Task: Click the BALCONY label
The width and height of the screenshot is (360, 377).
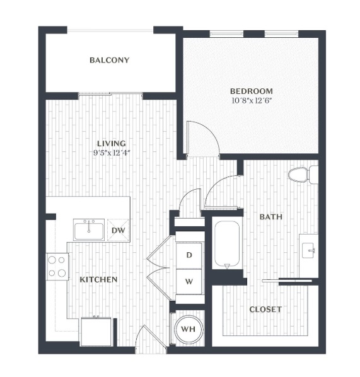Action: click(x=110, y=60)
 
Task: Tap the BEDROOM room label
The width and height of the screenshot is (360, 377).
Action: click(x=252, y=91)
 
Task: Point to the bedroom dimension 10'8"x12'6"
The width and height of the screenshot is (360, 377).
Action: click(x=252, y=100)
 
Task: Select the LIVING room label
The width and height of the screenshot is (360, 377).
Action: click(x=112, y=143)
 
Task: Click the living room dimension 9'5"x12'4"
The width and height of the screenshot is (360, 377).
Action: click(x=112, y=153)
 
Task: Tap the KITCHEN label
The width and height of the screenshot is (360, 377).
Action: click(x=98, y=279)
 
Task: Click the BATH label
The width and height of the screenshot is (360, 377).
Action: click(x=271, y=217)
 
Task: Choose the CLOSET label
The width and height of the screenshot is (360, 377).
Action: click(x=265, y=309)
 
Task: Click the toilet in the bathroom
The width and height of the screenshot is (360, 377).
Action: click(x=303, y=175)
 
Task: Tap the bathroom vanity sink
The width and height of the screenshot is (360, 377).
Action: click(x=308, y=250)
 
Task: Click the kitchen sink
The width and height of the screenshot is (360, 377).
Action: click(x=89, y=229)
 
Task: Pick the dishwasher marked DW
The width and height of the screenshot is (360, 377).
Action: click(x=119, y=230)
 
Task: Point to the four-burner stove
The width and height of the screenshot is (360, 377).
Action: click(x=57, y=267)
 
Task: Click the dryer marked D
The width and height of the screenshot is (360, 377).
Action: click(x=189, y=255)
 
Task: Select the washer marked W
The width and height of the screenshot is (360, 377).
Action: click(x=189, y=281)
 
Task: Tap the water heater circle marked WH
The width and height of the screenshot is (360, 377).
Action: click(x=189, y=329)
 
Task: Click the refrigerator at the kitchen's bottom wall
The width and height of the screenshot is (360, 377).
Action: click(x=96, y=332)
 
